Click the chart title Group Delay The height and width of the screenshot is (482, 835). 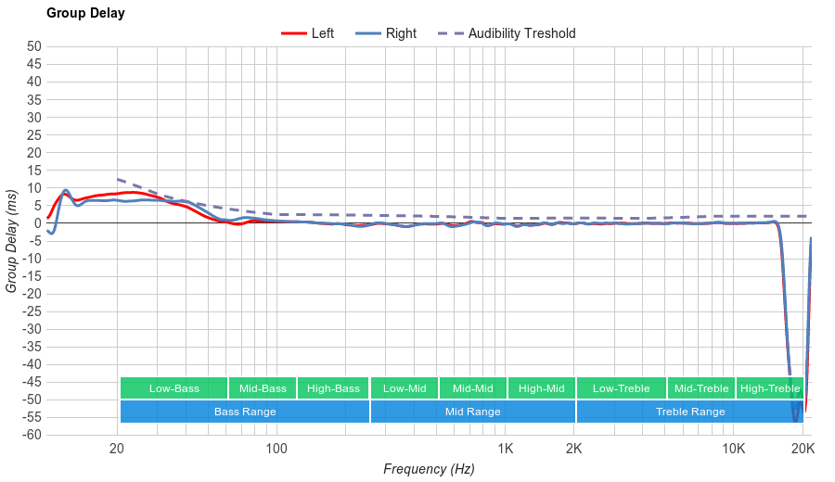pyautogui.click(x=85, y=14)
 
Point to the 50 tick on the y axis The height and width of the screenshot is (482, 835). pyautogui.click(x=34, y=46)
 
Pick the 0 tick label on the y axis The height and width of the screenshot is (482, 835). pyautogui.click(x=38, y=223)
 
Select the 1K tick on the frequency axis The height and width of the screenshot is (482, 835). pyautogui.click(x=505, y=450)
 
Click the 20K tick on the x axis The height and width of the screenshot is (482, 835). pyautogui.click(x=803, y=450)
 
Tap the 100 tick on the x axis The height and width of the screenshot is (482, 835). pyautogui.click(x=276, y=450)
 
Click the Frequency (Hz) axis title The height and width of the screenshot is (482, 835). pyautogui.click(x=429, y=469)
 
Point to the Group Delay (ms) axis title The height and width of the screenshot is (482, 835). pyautogui.click(x=12, y=241)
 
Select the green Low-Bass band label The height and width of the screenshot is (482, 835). pyautogui.click(x=173, y=388)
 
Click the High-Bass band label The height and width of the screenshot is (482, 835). pyautogui.click(x=333, y=388)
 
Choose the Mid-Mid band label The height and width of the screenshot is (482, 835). pyautogui.click(x=473, y=388)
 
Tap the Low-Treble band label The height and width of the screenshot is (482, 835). pyautogui.click(x=621, y=388)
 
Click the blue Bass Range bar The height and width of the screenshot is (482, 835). pyautogui.click(x=245, y=412)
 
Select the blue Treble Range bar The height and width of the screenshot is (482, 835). pyautogui.click(x=690, y=412)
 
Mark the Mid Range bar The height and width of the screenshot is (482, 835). pyautogui.click(x=473, y=412)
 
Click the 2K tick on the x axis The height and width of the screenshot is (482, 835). pyautogui.click(x=574, y=450)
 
